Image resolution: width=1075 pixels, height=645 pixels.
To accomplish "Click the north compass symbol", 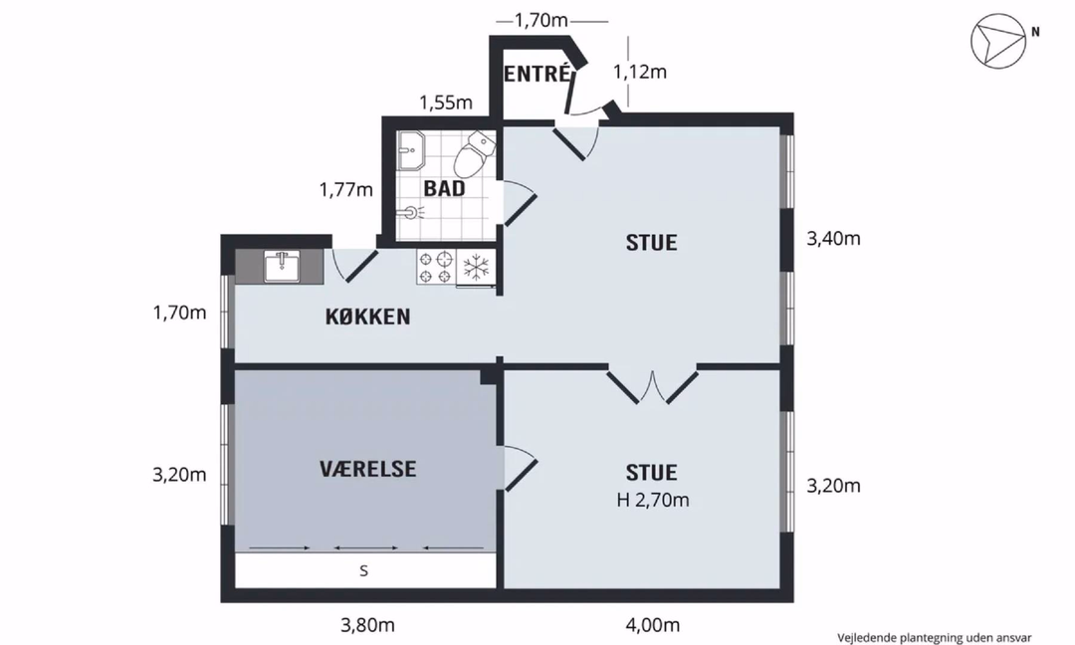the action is (x=999, y=41).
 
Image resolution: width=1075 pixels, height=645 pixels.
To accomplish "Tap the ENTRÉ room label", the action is (x=537, y=74).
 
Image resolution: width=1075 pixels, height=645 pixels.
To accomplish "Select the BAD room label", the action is (x=444, y=188).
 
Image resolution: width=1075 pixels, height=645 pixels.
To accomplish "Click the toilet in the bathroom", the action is (x=474, y=154).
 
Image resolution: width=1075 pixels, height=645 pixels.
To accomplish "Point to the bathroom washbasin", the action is (x=411, y=150).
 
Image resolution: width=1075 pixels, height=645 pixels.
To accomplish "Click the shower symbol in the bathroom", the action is (x=411, y=212).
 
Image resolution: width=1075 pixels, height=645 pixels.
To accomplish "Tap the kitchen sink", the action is (x=282, y=266).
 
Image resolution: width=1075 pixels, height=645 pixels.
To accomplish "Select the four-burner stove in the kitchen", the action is (x=435, y=268).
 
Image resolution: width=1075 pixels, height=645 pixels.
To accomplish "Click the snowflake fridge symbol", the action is (x=476, y=267).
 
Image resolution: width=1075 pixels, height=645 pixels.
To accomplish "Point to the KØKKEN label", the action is (x=368, y=317).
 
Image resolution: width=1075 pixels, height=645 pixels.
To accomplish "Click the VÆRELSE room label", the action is (x=368, y=469).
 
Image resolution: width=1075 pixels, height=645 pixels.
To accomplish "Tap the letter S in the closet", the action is (x=364, y=570).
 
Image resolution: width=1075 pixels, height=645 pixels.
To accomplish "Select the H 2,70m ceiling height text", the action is (x=653, y=501).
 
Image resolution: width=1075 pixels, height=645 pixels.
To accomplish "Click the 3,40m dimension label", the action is (x=833, y=239).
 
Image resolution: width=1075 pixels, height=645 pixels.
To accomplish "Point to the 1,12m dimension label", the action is (x=640, y=72).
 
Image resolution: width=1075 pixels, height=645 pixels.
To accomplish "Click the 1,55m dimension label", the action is (x=446, y=103).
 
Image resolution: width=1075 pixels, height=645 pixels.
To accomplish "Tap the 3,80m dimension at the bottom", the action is (x=368, y=625).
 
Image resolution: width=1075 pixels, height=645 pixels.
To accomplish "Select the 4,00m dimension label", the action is (x=653, y=625).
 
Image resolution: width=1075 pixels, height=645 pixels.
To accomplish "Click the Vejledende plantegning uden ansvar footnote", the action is (x=935, y=637).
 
